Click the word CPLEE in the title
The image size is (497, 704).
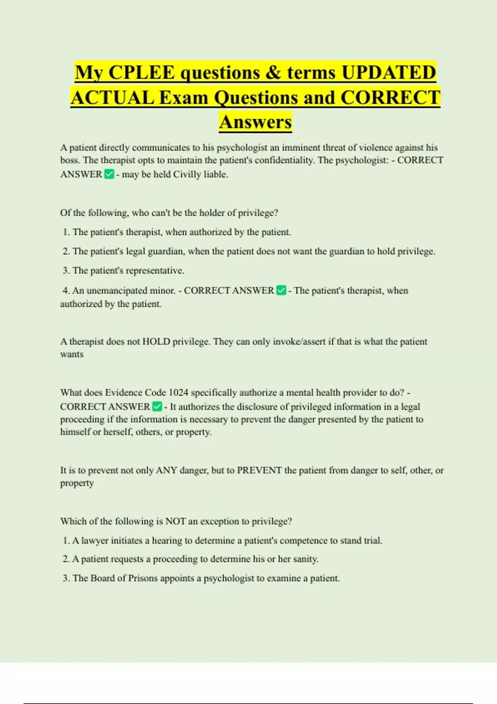pyautogui.click(x=142, y=72)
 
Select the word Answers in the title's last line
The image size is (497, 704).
pyautogui.click(x=256, y=122)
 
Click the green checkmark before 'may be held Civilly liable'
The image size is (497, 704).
pyautogui.click(x=109, y=174)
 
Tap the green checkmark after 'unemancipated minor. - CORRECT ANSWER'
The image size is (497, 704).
pyautogui.click(x=281, y=291)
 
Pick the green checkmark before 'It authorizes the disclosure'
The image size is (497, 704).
pyautogui.click(x=157, y=407)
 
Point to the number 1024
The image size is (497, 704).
pyautogui.click(x=179, y=392)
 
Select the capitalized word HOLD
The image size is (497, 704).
pyautogui.click(x=156, y=342)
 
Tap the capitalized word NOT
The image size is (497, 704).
pyautogui.click(x=176, y=521)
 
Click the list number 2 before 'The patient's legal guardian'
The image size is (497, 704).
pyautogui.click(x=66, y=251)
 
